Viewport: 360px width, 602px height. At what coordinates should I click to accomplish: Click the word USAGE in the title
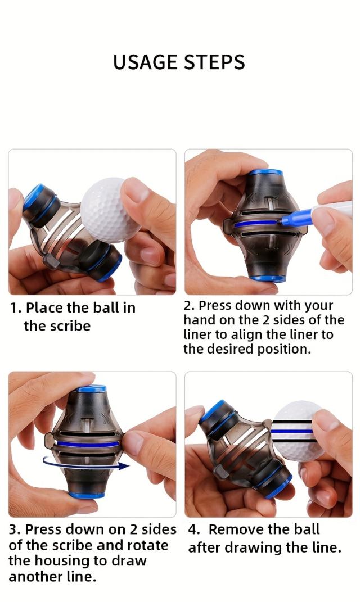146,62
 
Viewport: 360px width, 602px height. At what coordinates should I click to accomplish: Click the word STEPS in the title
214,62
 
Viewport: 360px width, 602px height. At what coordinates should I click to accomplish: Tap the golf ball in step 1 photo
109,209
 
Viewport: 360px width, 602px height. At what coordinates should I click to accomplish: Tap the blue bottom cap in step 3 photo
87,495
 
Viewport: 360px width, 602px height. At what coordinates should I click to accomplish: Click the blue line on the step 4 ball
292,432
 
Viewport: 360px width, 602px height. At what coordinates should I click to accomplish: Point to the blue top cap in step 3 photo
91,388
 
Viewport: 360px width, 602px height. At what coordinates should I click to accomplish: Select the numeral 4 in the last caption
193,529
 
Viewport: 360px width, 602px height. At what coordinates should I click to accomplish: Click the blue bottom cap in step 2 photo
268,278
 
